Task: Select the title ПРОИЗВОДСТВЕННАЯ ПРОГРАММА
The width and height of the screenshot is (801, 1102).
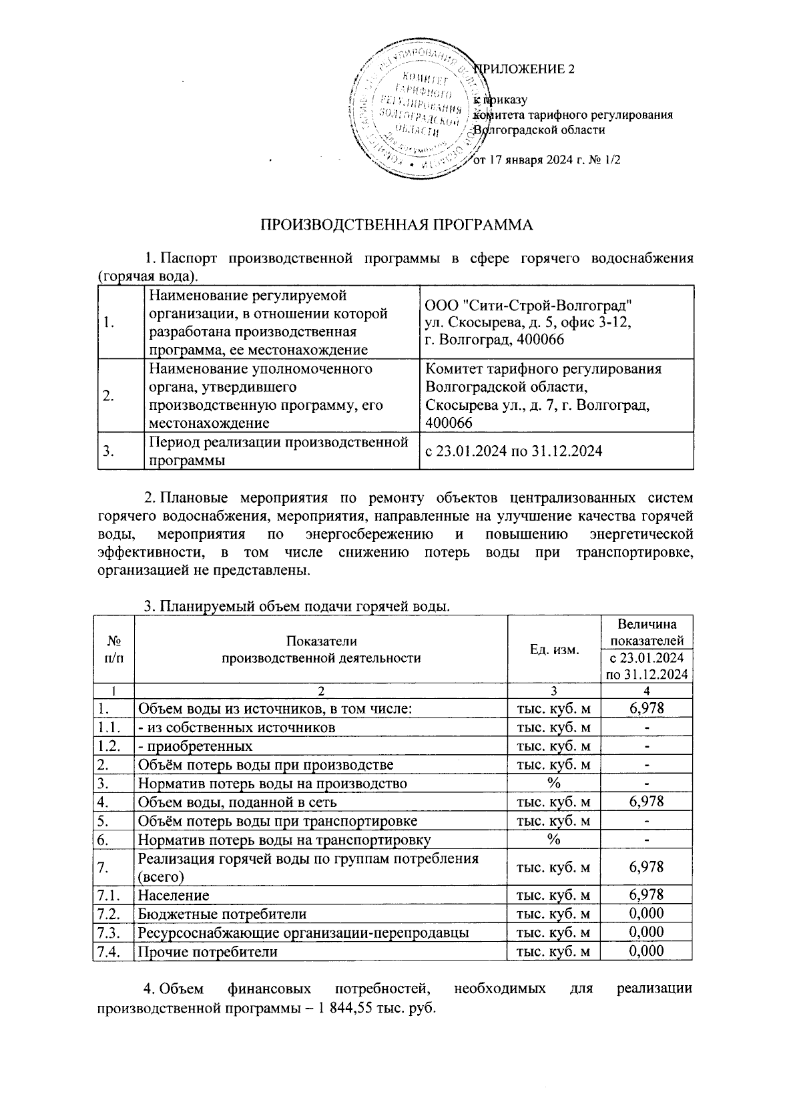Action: pos(396,225)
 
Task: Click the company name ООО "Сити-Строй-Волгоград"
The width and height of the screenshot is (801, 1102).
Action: pos(528,306)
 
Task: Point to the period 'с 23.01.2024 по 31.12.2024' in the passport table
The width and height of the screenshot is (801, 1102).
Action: pos(513,452)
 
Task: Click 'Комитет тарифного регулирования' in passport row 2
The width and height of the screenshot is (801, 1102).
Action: pos(543,369)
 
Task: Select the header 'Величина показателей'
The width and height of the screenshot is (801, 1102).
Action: pos(646,632)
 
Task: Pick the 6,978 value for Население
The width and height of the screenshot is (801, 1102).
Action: pos(646,894)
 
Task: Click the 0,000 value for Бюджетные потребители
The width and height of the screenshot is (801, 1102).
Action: pos(646,913)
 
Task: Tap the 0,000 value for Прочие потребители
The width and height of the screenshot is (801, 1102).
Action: pos(646,951)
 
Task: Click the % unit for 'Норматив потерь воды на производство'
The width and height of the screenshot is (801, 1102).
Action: pos(553,784)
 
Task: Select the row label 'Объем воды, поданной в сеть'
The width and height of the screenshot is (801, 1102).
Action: pos(237,802)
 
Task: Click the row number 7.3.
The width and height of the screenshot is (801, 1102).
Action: pos(108,932)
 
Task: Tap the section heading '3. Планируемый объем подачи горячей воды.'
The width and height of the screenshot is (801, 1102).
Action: pos(298,606)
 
